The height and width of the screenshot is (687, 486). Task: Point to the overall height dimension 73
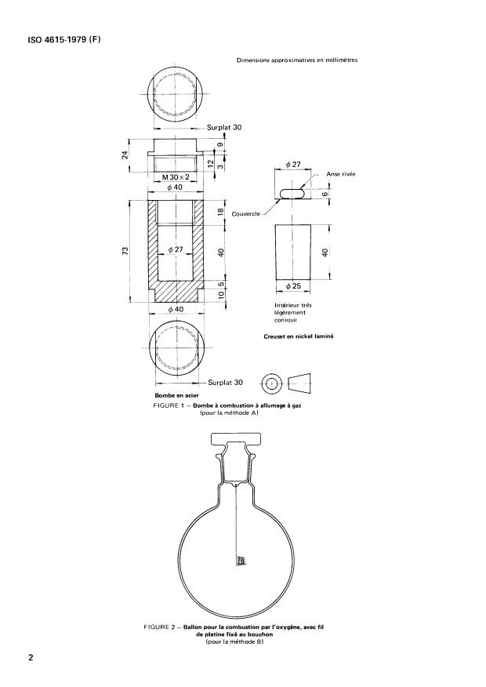pos(125,251)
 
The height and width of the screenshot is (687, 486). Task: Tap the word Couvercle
pos(245,213)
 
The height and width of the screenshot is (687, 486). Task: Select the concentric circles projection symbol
pos(272,383)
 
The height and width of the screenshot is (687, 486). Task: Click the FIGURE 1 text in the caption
pos(175,405)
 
